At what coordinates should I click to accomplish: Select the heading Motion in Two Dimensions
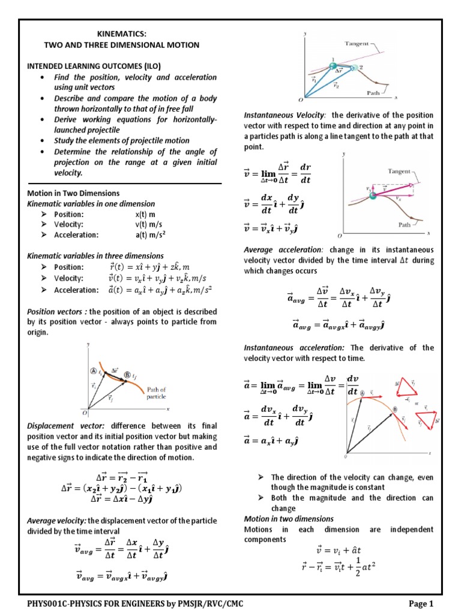click(x=73, y=193)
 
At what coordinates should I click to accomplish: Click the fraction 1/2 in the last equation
click(x=355, y=566)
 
